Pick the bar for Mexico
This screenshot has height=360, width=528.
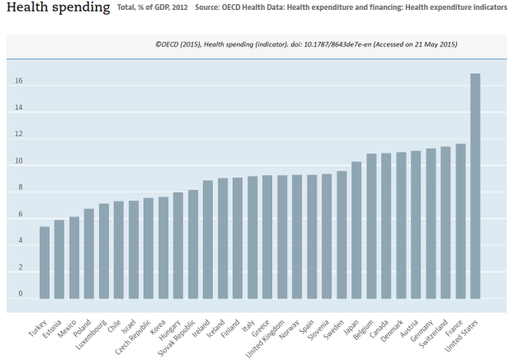pos(74,257)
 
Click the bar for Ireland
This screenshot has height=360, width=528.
pos(208,239)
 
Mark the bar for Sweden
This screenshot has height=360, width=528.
pos(342,234)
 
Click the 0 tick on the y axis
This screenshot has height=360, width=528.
pos(21,294)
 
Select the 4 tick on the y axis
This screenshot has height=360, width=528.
pos(21,241)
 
